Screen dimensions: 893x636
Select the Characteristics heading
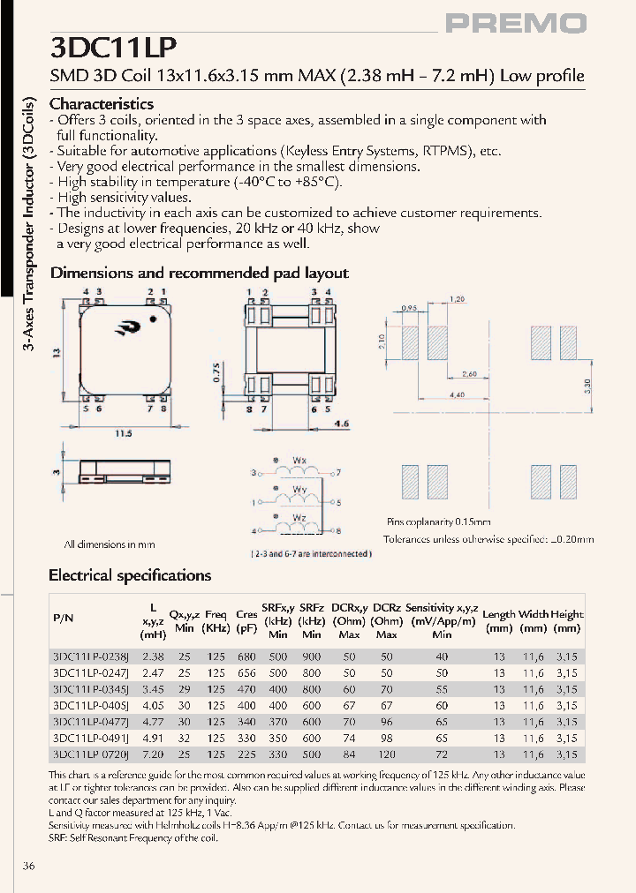[102, 104]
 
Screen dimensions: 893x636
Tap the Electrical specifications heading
[130, 575]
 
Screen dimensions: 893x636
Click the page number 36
[28, 867]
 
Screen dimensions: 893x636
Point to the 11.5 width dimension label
[125, 433]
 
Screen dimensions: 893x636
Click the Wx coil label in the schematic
[299, 461]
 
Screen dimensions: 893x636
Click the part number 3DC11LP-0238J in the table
[91, 657]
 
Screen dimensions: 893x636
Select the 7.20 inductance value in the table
[154, 754]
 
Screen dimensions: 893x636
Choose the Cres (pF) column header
[246, 621]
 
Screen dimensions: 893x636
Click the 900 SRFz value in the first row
[312, 657]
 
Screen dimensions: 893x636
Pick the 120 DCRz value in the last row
[387, 754]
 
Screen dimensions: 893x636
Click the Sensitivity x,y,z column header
[442, 608]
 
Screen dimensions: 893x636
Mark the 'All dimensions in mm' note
[110, 544]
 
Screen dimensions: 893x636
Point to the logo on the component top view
[125, 330]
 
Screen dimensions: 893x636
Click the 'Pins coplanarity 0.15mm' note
[438, 522]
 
